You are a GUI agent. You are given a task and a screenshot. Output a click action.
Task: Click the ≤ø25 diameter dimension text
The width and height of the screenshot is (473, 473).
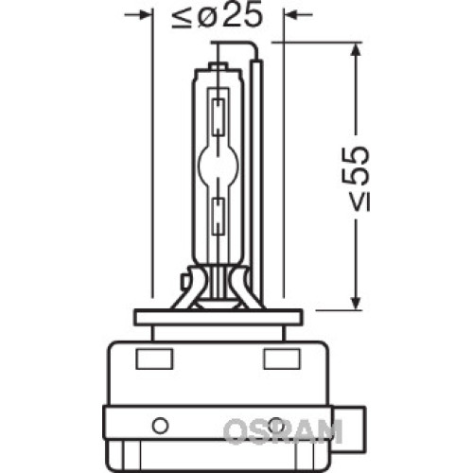pyautogui.click(x=218, y=16)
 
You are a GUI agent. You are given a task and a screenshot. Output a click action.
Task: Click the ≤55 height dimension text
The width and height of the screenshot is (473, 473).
pyautogui.click(x=356, y=178)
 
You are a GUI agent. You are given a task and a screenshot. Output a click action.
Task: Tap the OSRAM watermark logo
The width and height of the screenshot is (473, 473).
pyautogui.click(x=283, y=431)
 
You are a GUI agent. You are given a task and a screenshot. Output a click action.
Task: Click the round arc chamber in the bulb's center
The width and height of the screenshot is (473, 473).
pyautogui.click(x=219, y=164)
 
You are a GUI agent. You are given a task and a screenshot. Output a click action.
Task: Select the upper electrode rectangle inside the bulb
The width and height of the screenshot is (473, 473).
pyautogui.click(x=219, y=117)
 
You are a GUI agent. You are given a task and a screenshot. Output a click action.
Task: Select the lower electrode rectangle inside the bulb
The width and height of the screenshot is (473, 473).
pyautogui.click(x=219, y=217)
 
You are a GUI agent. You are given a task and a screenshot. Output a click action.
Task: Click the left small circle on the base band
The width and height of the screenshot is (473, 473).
pyautogui.click(x=160, y=426)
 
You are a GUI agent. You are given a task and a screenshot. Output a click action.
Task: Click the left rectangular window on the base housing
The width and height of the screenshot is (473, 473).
pyautogui.click(x=154, y=359)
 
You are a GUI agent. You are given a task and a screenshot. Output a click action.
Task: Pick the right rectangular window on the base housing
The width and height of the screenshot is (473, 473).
pyautogui.click(x=282, y=359)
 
